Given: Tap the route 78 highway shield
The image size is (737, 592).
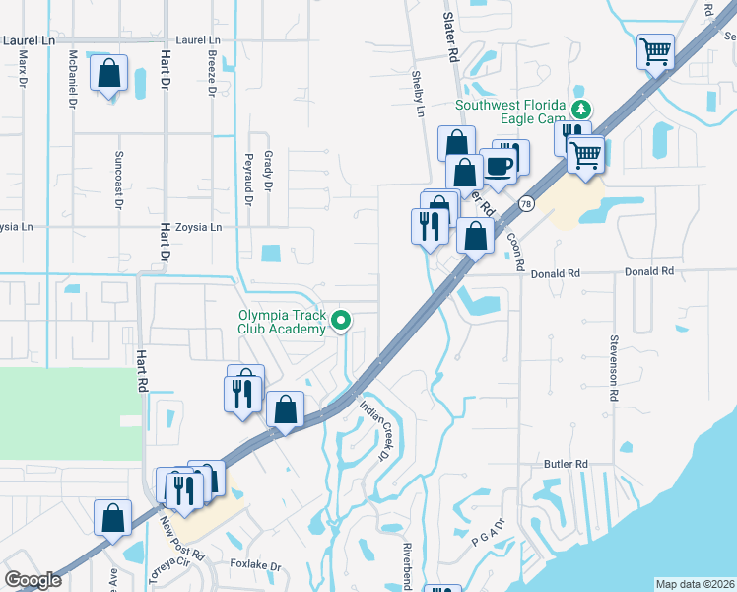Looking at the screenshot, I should (527, 204).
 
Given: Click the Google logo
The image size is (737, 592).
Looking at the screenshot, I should (33, 580).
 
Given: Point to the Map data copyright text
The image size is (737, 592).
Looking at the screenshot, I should (695, 584).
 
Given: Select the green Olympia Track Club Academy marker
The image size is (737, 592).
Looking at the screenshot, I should (342, 321).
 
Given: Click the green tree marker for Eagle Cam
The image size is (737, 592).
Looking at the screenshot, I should (582, 108).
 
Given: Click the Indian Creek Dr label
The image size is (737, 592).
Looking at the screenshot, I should (374, 431).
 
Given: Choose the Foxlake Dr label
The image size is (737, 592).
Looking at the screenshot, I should (256, 567).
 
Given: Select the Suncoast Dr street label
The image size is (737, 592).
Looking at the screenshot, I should (118, 181).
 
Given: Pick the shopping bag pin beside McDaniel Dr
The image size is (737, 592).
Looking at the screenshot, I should (108, 74).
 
